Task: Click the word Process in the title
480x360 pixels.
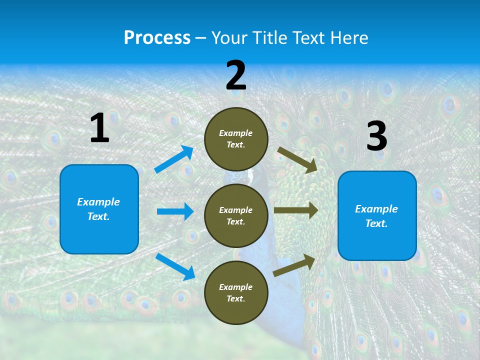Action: coord(157,38)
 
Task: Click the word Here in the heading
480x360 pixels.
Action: coord(348,38)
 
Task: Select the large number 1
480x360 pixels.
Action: coord(99,128)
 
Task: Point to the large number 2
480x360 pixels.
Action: coord(236,75)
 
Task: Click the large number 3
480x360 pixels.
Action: coord(376,136)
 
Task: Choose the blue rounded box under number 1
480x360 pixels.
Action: coord(99,209)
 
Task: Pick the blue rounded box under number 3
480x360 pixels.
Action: coord(377,216)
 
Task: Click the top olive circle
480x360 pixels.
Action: coord(236,139)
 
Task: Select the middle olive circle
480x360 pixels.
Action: coord(236,216)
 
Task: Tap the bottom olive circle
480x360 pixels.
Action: coord(236,292)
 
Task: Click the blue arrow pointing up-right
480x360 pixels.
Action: coord(174,159)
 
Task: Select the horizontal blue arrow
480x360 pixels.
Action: coord(175,211)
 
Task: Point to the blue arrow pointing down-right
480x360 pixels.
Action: coord(175,266)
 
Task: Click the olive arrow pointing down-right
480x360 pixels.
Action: coord(297,159)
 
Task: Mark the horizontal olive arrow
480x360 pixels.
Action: coord(296,210)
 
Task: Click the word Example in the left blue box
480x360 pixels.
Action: coord(98,202)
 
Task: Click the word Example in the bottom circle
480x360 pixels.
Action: coord(236,287)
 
